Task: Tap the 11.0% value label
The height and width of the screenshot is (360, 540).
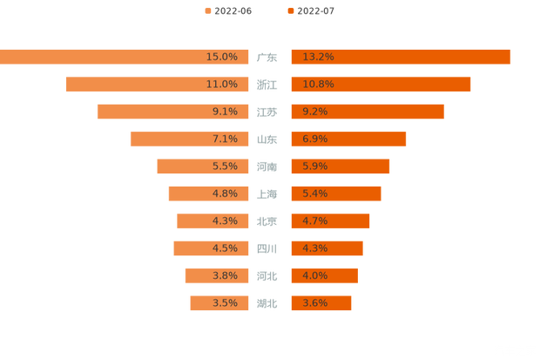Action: [x=222, y=85]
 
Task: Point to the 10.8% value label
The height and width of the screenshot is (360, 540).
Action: [x=318, y=85]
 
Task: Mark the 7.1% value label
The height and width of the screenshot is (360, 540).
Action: [x=225, y=139]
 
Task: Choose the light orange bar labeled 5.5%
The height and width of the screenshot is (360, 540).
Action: [x=183, y=166]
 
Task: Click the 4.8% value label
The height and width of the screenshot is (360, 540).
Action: [x=225, y=194]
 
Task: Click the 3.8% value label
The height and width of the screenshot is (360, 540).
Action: [x=225, y=275]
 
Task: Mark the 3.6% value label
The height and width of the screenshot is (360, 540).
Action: [x=315, y=302]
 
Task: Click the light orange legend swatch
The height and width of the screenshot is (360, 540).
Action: [x=207, y=10]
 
